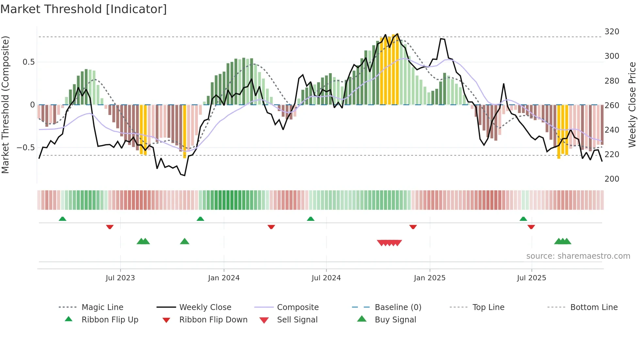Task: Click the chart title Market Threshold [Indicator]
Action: (x=84, y=9)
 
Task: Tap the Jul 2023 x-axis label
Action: (x=120, y=278)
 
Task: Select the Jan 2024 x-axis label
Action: (x=224, y=278)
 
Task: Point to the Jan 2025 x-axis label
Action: (x=429, y=278)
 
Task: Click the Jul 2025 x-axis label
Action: (x=531, y=278)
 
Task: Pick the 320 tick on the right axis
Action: (x=612, y=32)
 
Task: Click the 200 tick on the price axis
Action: (x=612, y=179)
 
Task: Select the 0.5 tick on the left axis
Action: (x=28, y=62)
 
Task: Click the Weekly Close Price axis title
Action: (x=632, y=105)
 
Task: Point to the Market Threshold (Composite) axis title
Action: (x=5, y=105)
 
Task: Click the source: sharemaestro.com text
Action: (x=578, y=256)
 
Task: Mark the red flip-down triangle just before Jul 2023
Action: (x=110, y=227)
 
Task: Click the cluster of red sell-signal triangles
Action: (x=389, y=243)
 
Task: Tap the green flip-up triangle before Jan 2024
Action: (x=200, y=219)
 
